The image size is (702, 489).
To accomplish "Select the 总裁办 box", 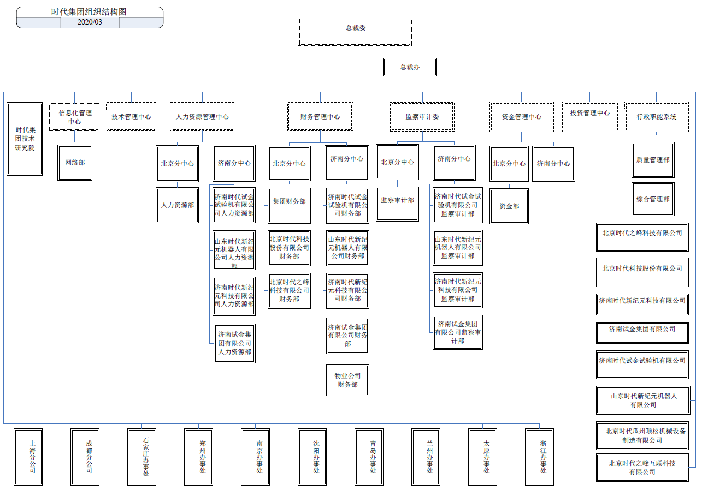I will click(x=410, y=67).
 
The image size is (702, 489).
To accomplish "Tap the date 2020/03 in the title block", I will click(x=90, y=22).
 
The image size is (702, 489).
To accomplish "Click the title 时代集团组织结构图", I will click(x=90, y=12).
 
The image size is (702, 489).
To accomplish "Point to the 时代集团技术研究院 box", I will click(x=25, y=139).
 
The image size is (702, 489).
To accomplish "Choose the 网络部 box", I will click(x=75, y=163).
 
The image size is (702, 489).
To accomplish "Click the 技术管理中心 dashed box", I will click(x=131, y=116).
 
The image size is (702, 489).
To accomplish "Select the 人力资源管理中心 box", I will click(x=202, y=116).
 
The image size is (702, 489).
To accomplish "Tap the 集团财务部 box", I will click(x=289, y=201).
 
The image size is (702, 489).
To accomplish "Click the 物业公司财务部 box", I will click(x=347, y=380).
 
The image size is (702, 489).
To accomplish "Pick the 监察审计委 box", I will click(x=422, y=116).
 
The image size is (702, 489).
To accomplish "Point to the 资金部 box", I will click(x=509, y=206).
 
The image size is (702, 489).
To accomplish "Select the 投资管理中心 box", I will click(x=589, y=113).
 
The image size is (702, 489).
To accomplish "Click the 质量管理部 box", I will click(x=652, y=160).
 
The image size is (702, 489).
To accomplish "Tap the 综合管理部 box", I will click(x=652, y=199).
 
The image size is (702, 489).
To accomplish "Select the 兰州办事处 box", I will click(x=430, y=457).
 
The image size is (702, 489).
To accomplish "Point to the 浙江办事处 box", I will click(x=544, y=457).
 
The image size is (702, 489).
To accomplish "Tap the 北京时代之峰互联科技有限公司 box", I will click(x=642, y=467).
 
